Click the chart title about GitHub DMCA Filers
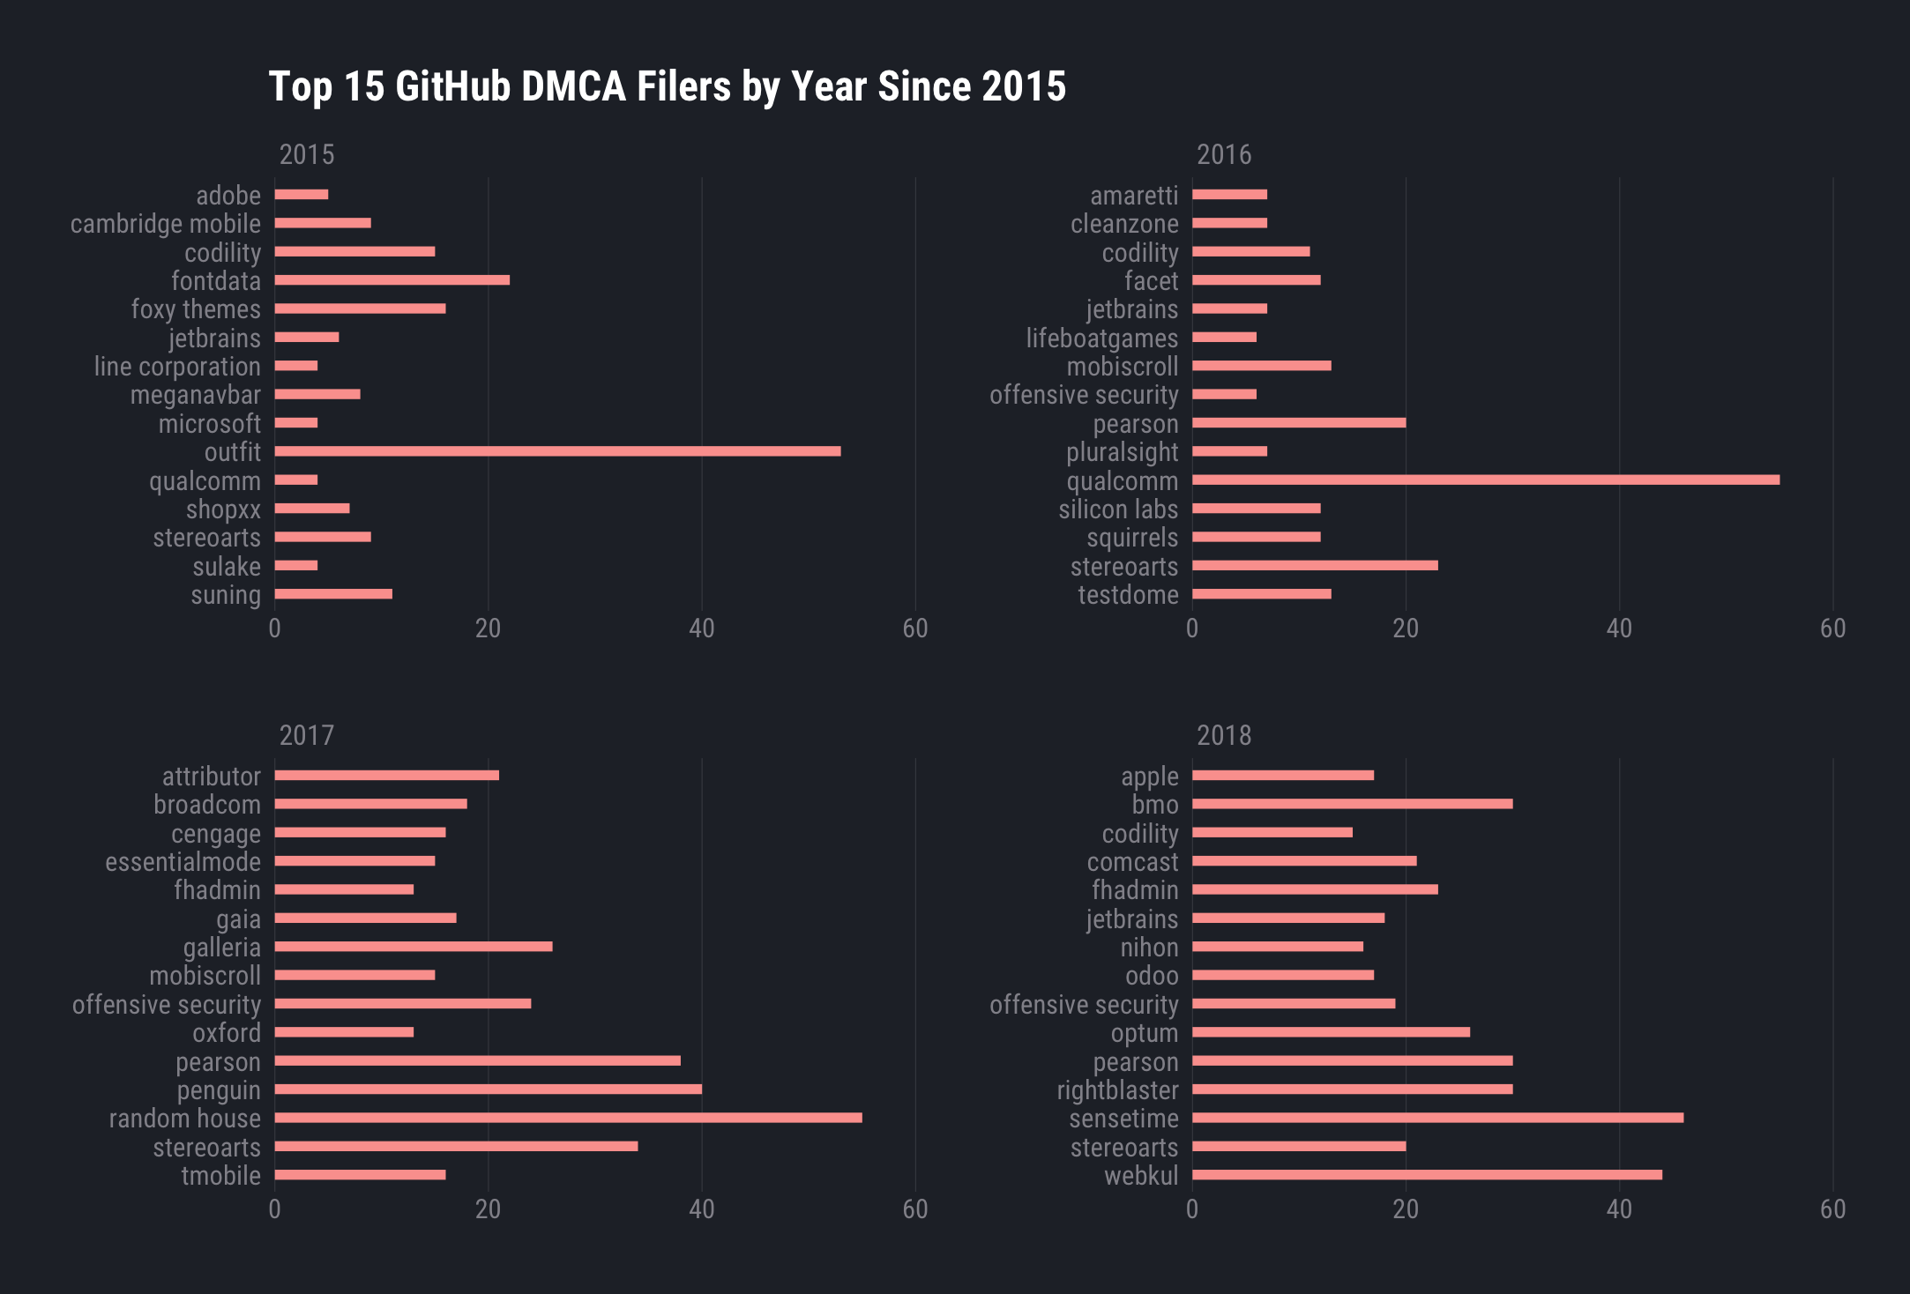click(x=667, y=87)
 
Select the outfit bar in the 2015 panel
click(x=557, y=451)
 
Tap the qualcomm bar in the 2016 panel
click(x=1485, y=480)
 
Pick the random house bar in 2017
click(x=568, y=1118)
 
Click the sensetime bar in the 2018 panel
click(x=1437, y=1118)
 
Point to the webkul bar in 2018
click(x=1427, y=1175)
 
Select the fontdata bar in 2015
click(x=392, y=280)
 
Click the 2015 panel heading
click(x=307, y=155)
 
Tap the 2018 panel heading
click(x=1224, y=736)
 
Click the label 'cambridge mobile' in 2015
click(x=166, y=224)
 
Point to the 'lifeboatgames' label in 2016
click(x=1101, y=338)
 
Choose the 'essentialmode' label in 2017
click(x=183, y=862)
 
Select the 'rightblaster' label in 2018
click(x=1117, y=1090)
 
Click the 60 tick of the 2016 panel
click(x=1832, y=628)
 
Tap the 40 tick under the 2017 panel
click(x=701, y=1209)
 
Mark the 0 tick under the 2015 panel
click(x=274, y=628)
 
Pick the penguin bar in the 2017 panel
click(x=488, y=1089)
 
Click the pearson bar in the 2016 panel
click(x=1299, y=423)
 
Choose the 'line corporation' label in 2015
click(x=177, y=367)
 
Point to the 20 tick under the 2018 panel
click(x=1406, y=1209)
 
